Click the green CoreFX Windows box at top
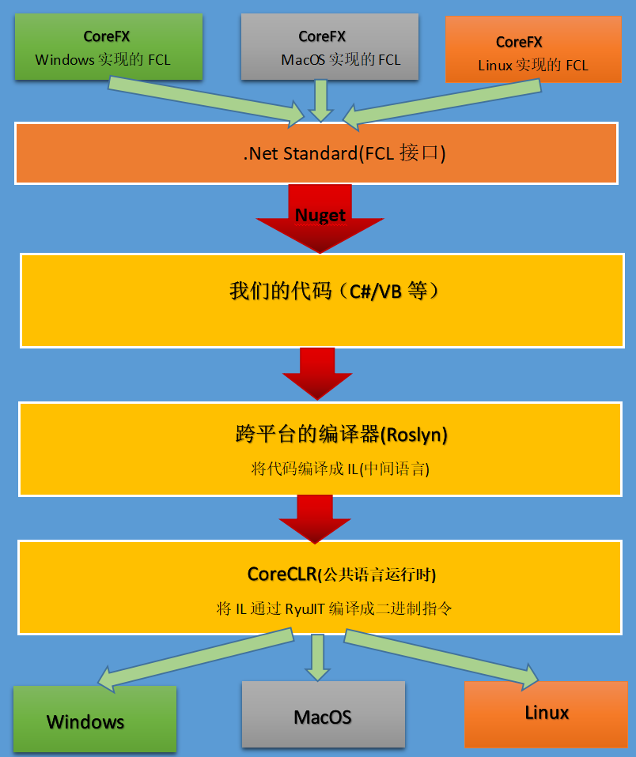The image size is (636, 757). click(108, 47)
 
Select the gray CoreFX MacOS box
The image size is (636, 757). click(329, 47)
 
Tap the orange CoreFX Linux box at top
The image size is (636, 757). click(533, 50)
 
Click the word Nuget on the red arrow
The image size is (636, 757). click(320, 215)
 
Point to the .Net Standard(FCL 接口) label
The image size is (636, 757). click(344, 153)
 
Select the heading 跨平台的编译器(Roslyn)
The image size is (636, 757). click(342, 434)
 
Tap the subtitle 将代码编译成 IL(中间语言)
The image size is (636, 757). click(340, 469)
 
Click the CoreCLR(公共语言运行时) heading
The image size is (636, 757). click(342, 574)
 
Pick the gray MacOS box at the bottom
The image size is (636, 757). click(323, 715)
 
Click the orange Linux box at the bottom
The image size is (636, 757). click(547, 713)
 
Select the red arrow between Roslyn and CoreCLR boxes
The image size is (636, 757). click(314, 516)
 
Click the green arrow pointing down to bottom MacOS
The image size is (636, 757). click(318, 656)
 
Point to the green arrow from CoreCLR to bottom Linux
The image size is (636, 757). click(443, 655)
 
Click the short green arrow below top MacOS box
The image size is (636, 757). click(320, 100)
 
